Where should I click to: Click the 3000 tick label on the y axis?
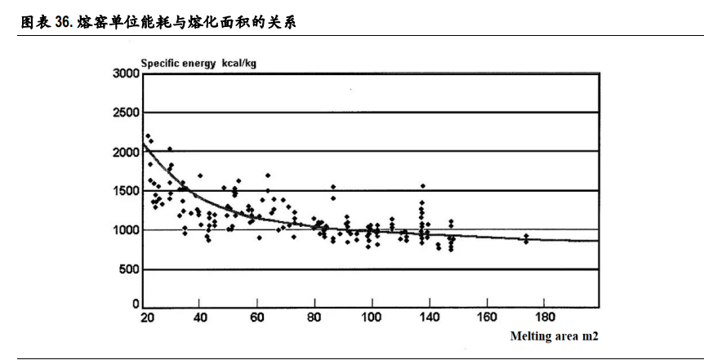point(127,74)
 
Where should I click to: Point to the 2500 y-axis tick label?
point(127,113)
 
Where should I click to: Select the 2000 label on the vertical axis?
point(127,152)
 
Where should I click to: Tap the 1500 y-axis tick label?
point(127,191)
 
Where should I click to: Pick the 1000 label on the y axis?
point(127,230)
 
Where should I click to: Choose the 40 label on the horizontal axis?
point(200,317)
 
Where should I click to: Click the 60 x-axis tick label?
point(257,317)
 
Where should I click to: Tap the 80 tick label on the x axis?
point(314,317)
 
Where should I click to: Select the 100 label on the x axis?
point(372,317)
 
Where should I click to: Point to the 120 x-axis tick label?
point(429,317)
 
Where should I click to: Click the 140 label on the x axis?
point(486,317)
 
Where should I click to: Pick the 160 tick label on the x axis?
point(487,317)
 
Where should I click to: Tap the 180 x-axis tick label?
point(544,317)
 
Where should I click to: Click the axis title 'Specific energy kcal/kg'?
point(199,63)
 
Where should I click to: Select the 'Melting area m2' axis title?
point(555,336)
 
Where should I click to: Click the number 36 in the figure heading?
point(63,23)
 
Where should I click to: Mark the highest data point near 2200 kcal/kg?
point(147,136)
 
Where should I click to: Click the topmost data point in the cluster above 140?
point(422,186)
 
